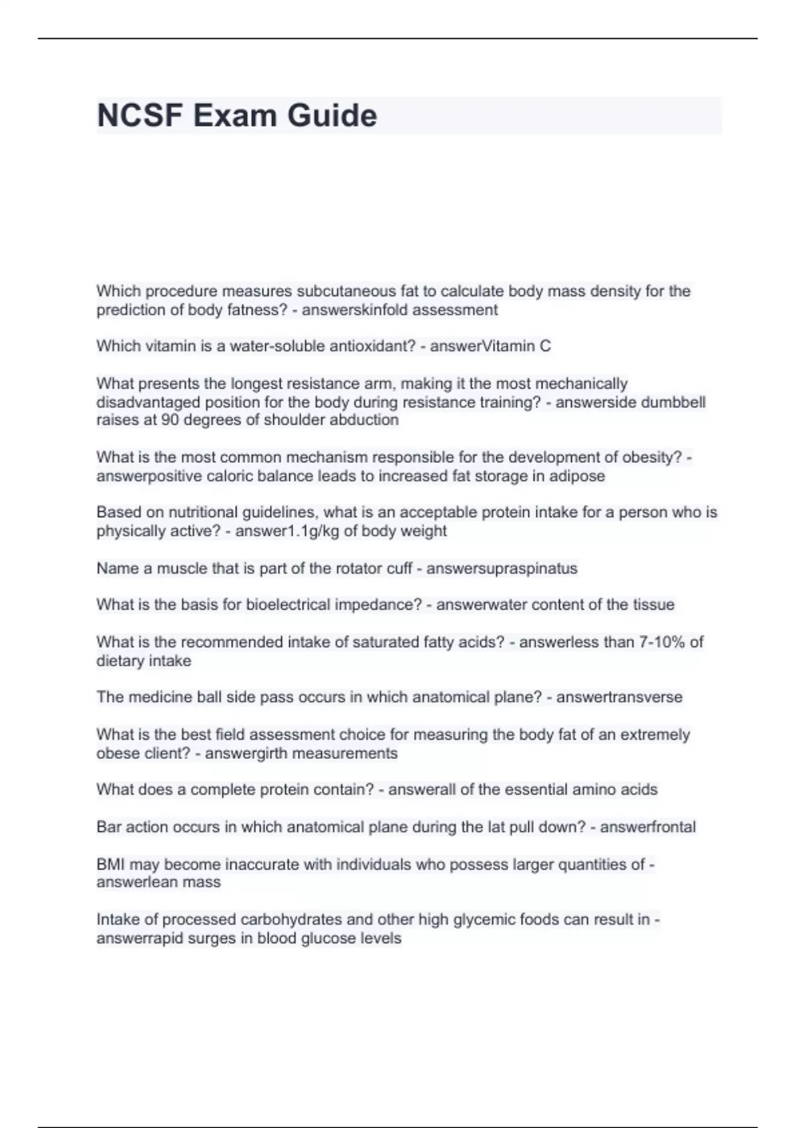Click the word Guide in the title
click(332, 115)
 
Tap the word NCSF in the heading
click(140, 115)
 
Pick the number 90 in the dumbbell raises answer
click(170, 420)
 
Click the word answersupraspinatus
click(501, 569)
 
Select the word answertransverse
click(619, 697)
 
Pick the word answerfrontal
click(647, 827)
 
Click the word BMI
click(111, 864)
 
